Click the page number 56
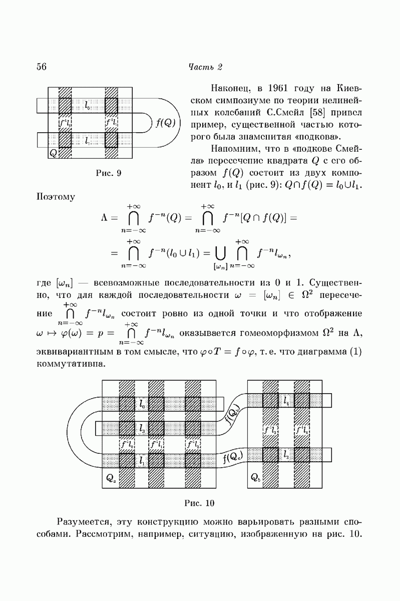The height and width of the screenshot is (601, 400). [42, 67]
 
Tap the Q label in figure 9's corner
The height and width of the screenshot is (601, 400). [53, 153]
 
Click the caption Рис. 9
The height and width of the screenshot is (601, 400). [109, 174]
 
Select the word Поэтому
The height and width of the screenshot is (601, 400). [56, 197]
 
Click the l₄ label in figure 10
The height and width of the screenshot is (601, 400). [286, 401]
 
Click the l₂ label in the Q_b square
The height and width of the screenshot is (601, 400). [286, 455]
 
